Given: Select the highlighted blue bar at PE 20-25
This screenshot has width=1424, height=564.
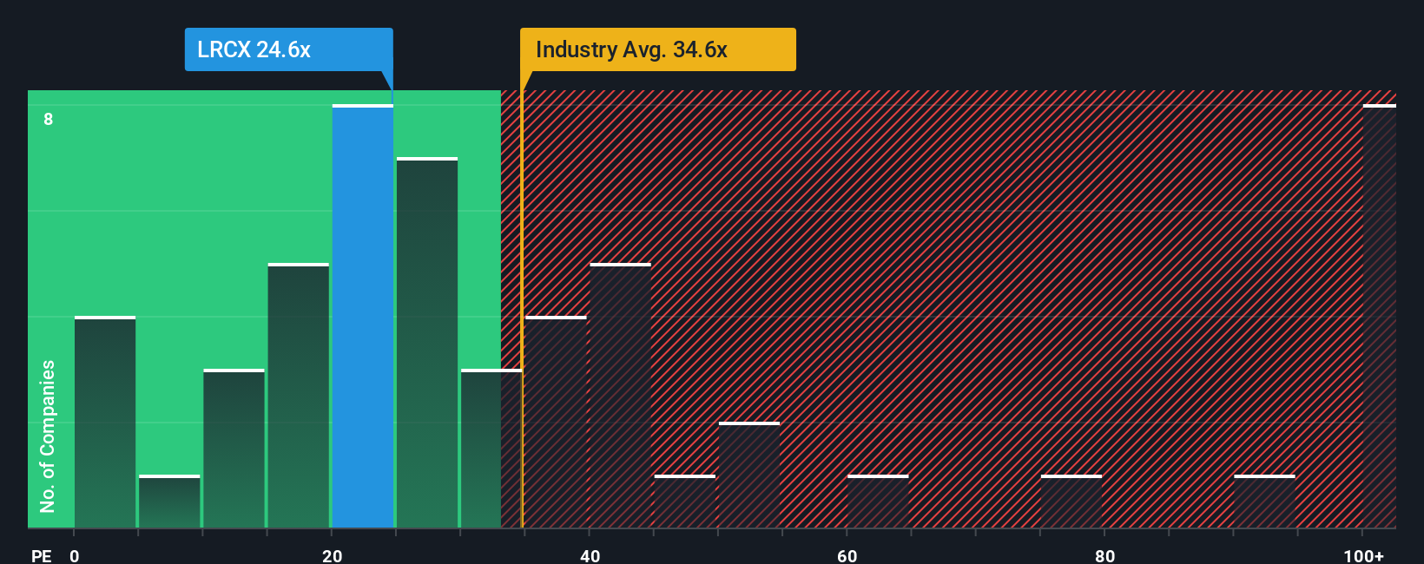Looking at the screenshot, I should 363,317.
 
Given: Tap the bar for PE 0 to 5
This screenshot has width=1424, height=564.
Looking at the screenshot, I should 105,423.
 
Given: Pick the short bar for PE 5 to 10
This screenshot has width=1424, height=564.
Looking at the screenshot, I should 169,502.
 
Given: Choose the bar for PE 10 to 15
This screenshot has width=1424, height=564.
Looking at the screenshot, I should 234,449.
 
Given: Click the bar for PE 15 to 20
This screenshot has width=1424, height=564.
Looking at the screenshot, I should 299,396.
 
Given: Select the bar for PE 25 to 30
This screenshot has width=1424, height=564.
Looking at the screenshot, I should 427,344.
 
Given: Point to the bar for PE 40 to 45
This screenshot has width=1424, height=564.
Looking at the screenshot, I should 620,396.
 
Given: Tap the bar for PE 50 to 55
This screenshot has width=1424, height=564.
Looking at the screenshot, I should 749,475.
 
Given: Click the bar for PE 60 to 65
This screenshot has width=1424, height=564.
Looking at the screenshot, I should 878,502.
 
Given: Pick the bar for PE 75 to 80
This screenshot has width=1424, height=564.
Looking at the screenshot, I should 1071,502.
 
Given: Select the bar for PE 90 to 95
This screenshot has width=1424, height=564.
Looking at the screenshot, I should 1264,502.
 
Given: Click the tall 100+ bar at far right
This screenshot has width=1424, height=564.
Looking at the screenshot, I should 1379,317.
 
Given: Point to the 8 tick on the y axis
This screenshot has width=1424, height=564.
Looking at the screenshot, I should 49,119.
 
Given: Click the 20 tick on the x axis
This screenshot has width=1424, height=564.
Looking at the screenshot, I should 332,555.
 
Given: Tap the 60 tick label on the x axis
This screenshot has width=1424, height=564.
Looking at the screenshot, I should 847,555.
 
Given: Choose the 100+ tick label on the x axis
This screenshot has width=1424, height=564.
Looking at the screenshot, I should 1363,555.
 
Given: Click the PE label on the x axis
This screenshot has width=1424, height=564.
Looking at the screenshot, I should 41,555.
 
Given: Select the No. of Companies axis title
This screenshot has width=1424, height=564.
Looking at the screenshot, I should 48,436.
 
